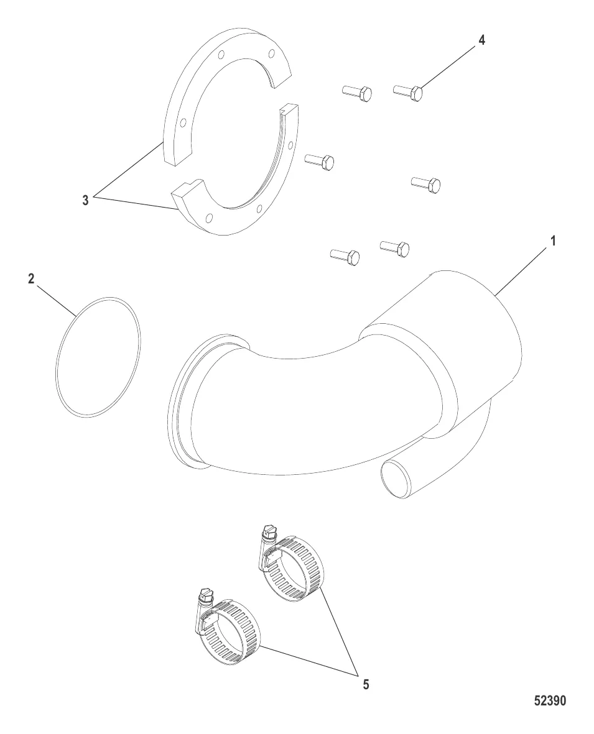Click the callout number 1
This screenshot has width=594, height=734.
tap(553, 242)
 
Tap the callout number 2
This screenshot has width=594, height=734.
tap(31, 279)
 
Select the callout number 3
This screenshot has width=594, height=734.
tap(85, 200)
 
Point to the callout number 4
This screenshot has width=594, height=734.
tap(481, 40)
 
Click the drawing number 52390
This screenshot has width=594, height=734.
tap(550, 701)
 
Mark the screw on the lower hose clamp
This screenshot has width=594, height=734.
tap(205, 595)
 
